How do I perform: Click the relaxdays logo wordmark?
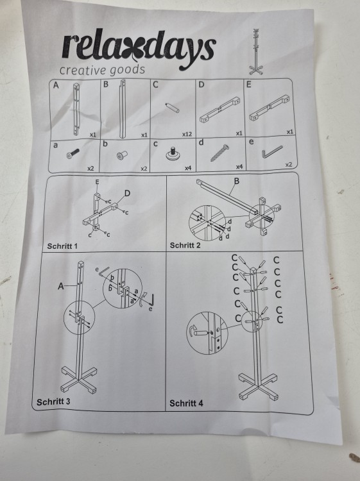[x=139, y=49]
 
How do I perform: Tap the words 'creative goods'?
[x=102, y=70]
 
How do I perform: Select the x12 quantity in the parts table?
[x=187, y=135]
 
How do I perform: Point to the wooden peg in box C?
[x=172, y=108]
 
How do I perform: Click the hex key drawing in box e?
[x=271, y=152]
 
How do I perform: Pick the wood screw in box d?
[x=219, y=153]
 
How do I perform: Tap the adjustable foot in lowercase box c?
[x=173, y=154]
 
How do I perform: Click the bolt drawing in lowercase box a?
[x=73, y=154]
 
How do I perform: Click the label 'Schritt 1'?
[x=62, y=246]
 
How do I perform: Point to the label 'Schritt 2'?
[x=185, y=246]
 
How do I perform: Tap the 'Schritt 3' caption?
[x=53, y=402]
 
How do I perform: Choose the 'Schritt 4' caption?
[x=186, y=403]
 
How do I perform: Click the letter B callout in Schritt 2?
[x=236, y=181]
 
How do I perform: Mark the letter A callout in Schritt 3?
[x=61, y=286]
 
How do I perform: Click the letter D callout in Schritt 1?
[x=127, y=193]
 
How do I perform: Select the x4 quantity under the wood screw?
[x=239, y=167]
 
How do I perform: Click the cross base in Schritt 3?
[x=79, y=379]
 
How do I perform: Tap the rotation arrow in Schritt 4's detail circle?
[x=191, y=331]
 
